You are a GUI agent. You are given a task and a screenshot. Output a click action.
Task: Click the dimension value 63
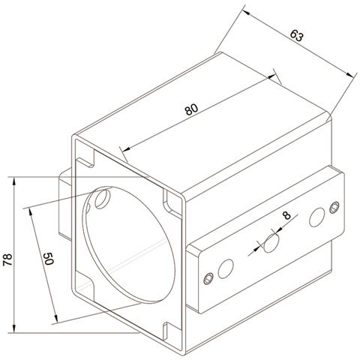[x=297, y=35]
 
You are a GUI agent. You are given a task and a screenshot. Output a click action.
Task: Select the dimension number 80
[x=191, y=109]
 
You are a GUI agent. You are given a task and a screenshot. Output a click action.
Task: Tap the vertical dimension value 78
[x=7, y=259]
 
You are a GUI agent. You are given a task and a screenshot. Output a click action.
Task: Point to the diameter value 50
[x=48, y=259]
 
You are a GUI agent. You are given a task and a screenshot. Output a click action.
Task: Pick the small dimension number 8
[x=286, y=215]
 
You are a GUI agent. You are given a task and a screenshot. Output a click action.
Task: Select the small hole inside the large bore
[x=103, y=199]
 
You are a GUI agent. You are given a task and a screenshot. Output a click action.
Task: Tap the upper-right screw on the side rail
[x=334, y=208]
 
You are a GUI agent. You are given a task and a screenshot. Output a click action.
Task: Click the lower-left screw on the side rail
[x=208, y=278]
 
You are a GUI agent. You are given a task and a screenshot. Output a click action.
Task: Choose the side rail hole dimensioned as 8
[x=271, y=243]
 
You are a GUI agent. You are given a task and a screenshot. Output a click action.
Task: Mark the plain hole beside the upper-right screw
[x=317, y=217]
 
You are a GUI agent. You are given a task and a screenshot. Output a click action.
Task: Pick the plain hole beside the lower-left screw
[x=226, y=268]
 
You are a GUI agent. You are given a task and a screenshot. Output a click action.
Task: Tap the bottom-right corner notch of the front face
[x=172, y=332]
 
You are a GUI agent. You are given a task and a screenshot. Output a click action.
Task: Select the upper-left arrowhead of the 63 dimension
[x=246, y=13]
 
